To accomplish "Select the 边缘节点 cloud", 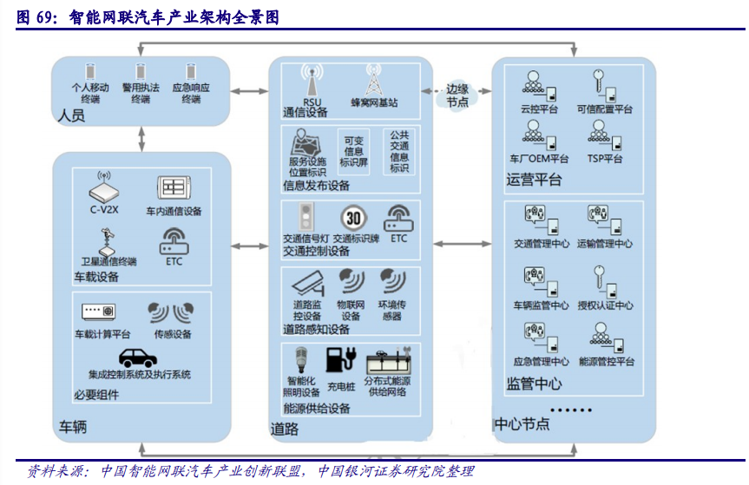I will coord(457,95).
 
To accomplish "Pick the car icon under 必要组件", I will coord(139,357).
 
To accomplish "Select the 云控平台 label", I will coord(539,110).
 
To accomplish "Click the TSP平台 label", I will coord(605,159).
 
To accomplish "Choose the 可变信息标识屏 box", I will coord(353,151).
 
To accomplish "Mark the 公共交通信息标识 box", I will coord(399,151).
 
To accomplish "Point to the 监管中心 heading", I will coord(534,383).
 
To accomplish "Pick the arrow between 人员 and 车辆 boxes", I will coord(140,138).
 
